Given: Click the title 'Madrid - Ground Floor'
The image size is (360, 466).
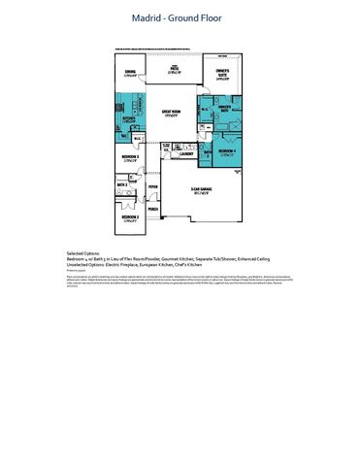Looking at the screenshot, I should coord(180,17).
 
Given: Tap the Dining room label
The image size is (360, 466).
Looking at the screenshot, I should coord(130,71).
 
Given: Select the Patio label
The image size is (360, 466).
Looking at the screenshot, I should coord(175,69).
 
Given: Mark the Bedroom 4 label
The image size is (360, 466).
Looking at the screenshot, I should coord(227,151).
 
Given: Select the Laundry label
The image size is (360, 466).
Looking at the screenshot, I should coord(187,152).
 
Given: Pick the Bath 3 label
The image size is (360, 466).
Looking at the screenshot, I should coord(207,153).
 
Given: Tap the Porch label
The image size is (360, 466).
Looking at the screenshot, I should coord(152,208).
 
